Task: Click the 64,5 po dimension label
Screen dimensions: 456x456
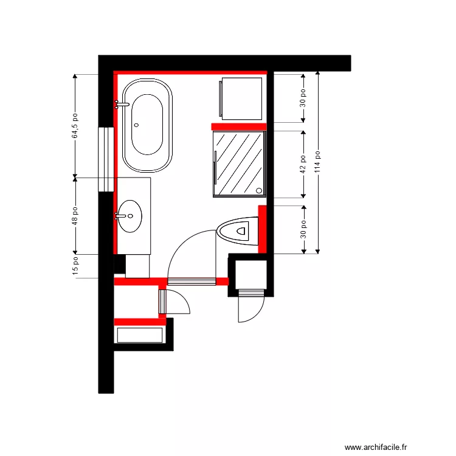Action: [x=75, y=126]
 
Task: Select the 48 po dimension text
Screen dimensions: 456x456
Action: [x=75, y=216]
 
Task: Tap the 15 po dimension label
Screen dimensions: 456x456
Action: [x=75, y=266]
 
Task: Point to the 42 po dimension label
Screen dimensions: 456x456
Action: [x=303, y=164]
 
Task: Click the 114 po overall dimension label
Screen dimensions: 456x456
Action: [x=317, y=162]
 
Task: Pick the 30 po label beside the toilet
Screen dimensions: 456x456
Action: [x=303, y=229]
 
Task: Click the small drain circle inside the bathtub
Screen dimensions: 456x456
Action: [x=136, y=125]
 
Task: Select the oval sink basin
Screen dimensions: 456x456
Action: [x=130, y=215]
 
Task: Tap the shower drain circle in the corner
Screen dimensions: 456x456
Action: [x=261, y=191]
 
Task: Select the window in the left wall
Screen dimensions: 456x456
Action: [x=107, y=159]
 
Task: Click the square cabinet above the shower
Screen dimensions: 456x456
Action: [x=242, y=97]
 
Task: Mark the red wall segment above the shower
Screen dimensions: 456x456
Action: [x=239, y=126]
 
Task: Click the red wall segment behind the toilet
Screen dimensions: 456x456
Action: [x=263, y=229]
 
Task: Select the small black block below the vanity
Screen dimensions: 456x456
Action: [x=119, y=263]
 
